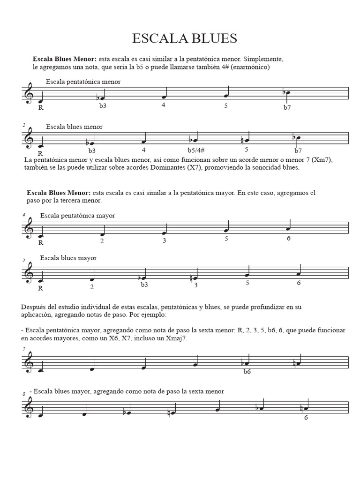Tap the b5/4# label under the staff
coord(196,150)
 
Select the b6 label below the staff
coord(247,372)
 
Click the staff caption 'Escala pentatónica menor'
coord(83,82)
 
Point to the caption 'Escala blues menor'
coord(74,127)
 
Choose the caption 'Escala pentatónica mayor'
coord(77,215)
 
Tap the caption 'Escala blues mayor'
coord(68,258)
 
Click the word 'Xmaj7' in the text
coord(177,338)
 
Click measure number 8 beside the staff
coord(23,394)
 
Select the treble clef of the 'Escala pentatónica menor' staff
coord(30,94)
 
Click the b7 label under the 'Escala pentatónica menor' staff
coord(287,107)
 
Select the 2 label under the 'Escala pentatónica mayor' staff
coord(101,241)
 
